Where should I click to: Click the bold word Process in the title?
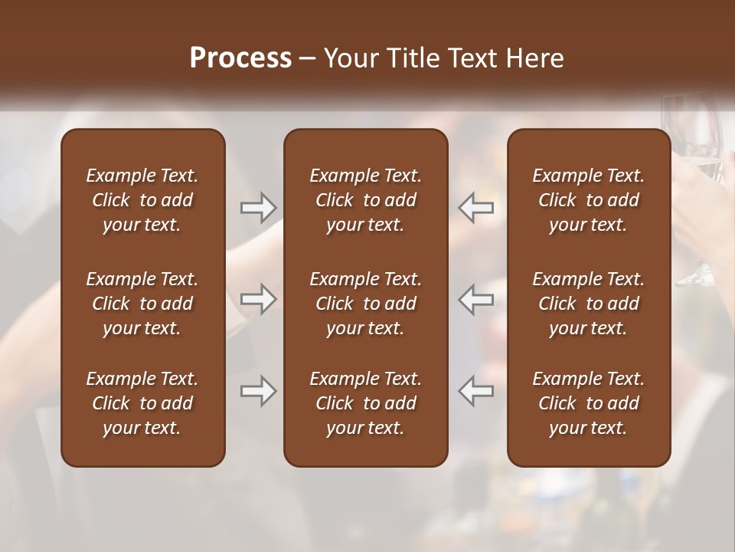240,58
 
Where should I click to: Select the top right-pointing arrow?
259,208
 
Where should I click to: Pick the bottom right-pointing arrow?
259,391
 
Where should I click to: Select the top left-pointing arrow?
476,208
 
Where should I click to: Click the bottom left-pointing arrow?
476,391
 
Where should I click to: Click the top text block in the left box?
142,200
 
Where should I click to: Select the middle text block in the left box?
142,304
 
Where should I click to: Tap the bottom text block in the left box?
142,403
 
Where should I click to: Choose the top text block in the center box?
365,200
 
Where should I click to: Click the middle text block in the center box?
365,304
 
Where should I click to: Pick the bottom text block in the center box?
365,403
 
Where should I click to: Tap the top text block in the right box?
588,200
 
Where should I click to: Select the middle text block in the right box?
588,304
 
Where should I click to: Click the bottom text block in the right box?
588,403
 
